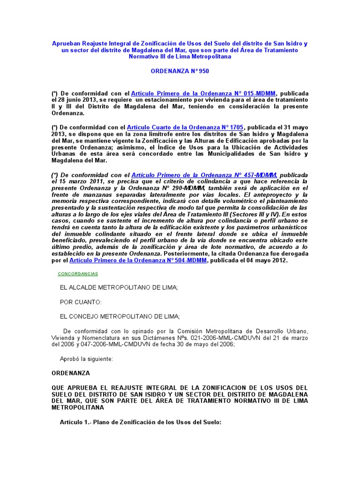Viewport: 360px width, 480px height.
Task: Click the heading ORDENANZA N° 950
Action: pyautogui.click(x=180, y=71)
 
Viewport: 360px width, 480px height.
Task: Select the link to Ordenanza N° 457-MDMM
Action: pyautogui.click(x=204, y=174)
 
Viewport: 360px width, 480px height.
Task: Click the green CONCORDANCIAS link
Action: pyautogui.click(x=77, y=274)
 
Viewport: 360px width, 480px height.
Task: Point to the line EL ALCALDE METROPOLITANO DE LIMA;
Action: pyautogui.click(x=119, y=287)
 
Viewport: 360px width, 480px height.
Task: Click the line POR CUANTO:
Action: pyautogui.click(x=81, y=302)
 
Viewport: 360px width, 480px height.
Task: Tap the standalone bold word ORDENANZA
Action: pyautogui.click(x=70, y=374)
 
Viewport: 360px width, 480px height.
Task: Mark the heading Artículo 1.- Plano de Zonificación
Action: pyautogui.click(x=140, y=422)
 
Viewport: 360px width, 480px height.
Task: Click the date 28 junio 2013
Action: pyautogui.click(x=76, y=100)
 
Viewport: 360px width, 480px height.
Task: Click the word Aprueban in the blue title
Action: pyautogui.click(x=66, y=44)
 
